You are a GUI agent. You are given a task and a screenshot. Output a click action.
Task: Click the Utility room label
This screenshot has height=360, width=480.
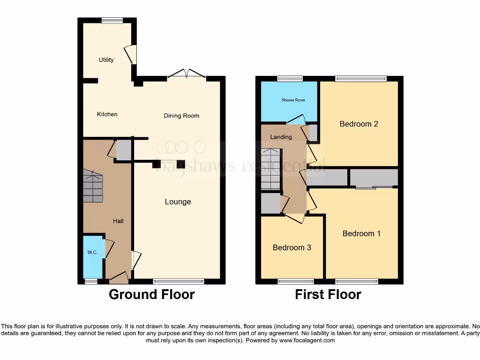(106, 60)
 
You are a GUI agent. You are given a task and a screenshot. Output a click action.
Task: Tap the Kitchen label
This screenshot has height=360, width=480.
(107, 114)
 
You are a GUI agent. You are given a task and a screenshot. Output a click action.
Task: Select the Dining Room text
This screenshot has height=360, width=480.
(181, 116)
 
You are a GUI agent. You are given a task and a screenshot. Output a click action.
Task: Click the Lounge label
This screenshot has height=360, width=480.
(178, 202)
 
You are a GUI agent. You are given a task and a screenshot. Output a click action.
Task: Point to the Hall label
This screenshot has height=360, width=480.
(118, 221)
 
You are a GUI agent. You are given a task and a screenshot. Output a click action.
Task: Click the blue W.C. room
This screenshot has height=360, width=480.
(92, 255)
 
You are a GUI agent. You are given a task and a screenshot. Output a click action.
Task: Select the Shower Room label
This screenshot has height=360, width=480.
(293, 100)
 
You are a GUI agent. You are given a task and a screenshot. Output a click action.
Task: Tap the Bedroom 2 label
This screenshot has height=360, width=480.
(359, 124)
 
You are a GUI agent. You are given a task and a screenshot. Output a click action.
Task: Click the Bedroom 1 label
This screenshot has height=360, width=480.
(361, 233)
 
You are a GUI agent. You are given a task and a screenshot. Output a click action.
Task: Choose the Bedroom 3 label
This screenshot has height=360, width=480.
(292, 247)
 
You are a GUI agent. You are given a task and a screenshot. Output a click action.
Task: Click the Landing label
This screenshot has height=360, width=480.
(281, 137)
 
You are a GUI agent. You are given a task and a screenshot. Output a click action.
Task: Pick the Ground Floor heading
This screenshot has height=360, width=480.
(151, 294)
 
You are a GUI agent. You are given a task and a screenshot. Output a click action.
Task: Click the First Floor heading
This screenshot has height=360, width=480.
(328, 294)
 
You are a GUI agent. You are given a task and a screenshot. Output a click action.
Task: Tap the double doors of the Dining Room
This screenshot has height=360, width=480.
(187, 74)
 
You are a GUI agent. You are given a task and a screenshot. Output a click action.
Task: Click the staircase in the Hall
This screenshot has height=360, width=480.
(92, 186)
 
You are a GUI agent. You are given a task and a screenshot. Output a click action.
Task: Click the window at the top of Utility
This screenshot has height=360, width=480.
(112, 20)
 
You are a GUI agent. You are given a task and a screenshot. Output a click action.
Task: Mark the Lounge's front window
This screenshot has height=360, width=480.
(178, 281)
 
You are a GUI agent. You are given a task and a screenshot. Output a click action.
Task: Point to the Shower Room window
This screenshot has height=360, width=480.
(289, 79)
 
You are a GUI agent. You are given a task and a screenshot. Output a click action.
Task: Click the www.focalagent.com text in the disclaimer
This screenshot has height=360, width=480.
(307, 340)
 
